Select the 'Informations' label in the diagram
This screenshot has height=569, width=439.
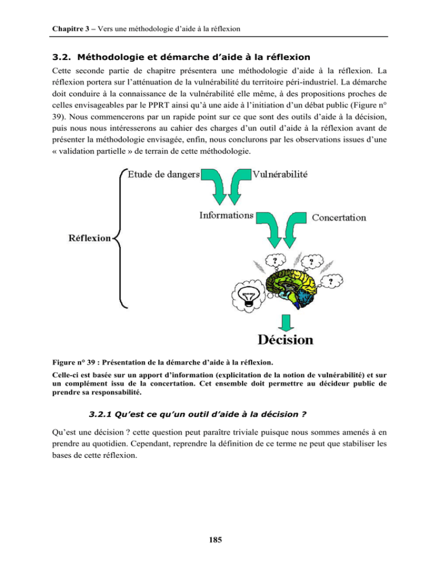point(227,216)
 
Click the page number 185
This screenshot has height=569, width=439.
point(219,538)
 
